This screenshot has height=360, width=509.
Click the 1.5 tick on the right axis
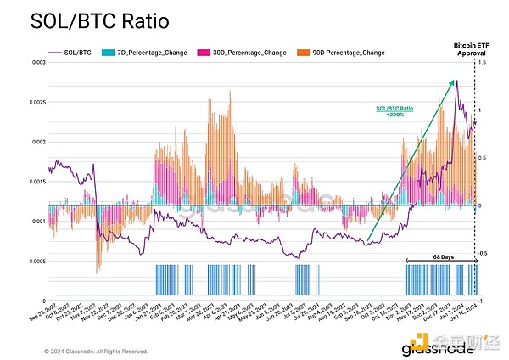pyautogui.click(x=484, y=63)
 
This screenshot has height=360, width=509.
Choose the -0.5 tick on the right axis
pyautogui.click(x=484, y=253)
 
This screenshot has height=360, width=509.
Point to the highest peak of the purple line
pyautogui.click(x=456, y=80)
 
